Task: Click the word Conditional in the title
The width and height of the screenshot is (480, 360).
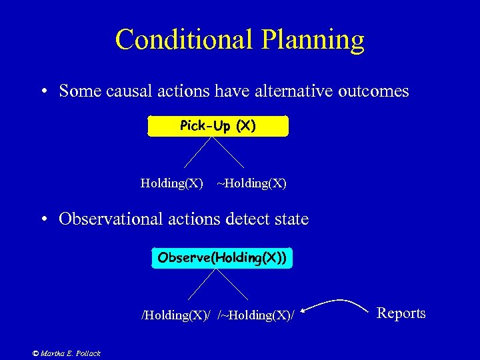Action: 181,39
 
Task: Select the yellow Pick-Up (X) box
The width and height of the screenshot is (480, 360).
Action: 218,126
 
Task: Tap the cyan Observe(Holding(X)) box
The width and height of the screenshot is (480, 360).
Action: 222,258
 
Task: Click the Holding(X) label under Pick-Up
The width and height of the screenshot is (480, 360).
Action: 172,183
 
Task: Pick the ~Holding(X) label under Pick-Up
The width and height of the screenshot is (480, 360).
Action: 252,183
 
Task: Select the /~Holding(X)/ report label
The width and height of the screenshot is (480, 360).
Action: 255,314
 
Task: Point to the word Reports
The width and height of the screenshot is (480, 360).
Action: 401,313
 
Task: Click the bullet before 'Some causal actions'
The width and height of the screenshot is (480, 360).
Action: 44,91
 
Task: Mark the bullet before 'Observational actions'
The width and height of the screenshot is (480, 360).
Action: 44,219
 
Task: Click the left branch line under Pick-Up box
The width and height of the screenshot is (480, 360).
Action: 197,152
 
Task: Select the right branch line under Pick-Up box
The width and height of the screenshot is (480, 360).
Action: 228,152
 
